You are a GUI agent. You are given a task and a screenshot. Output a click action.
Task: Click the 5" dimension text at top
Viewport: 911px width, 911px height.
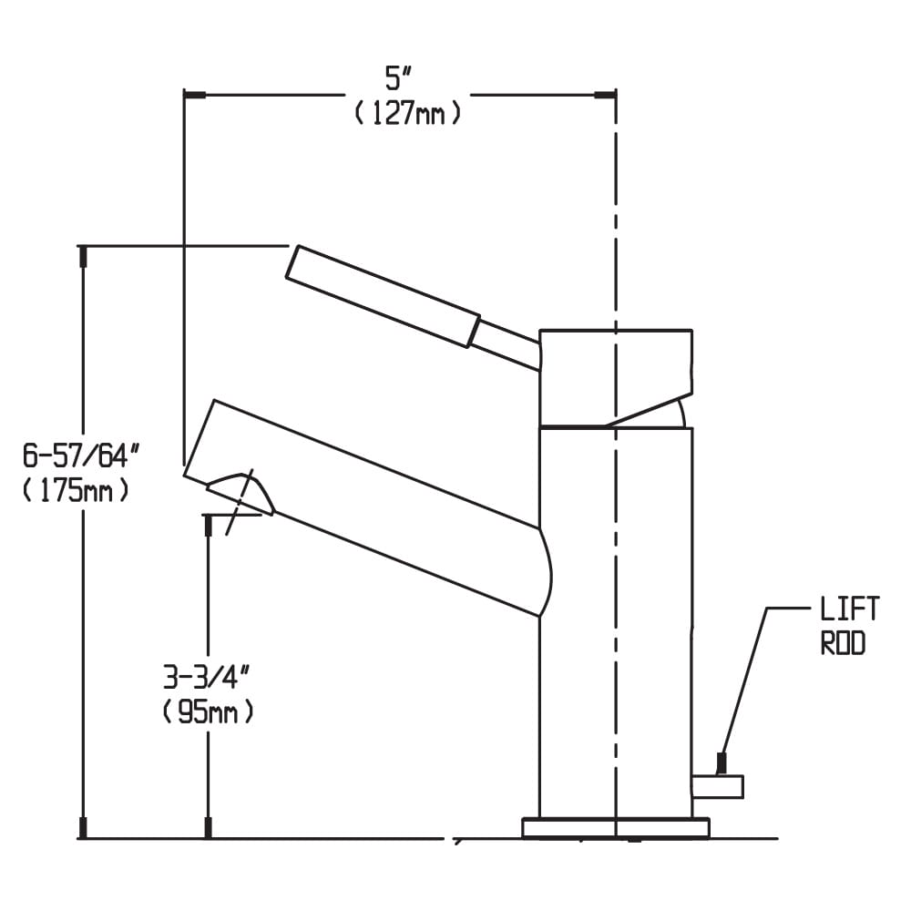(398, 78)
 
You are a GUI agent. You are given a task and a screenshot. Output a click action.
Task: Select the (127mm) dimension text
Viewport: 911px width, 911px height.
(408, 113)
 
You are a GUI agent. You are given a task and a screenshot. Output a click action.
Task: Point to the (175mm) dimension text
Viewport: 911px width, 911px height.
(76, 491)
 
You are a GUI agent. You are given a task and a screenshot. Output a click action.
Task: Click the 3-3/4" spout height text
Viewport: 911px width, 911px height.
(208, 677)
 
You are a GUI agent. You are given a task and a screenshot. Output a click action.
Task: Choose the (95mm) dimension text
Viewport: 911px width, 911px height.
(208, 711)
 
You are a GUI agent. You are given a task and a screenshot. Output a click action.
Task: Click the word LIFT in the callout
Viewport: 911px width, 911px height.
(849, 609)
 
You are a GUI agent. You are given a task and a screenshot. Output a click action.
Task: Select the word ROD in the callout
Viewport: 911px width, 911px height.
(843, 642)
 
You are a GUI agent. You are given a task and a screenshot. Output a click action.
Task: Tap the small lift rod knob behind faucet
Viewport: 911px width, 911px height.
(718, 787)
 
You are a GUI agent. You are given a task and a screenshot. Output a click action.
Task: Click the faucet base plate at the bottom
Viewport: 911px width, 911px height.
(616, 828)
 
